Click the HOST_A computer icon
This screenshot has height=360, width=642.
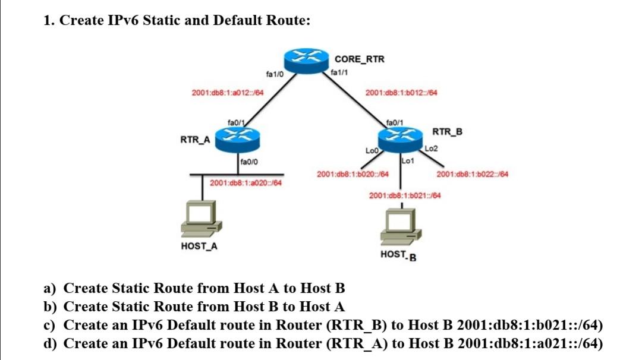(202, 219)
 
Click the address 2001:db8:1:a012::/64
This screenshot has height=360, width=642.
(228, 93)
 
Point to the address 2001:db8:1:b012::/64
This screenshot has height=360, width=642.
(401, 93)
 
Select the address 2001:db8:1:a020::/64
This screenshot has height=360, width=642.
(245, 182)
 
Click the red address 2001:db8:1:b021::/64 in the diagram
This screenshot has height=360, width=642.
(405, 195)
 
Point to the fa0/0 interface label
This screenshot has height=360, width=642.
(248, 161)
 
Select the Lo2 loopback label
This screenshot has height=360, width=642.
(432, 148)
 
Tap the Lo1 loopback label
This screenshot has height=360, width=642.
(408, 160)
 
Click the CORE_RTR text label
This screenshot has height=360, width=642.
(359, 59)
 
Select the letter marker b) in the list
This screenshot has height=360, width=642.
(52, 307)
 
